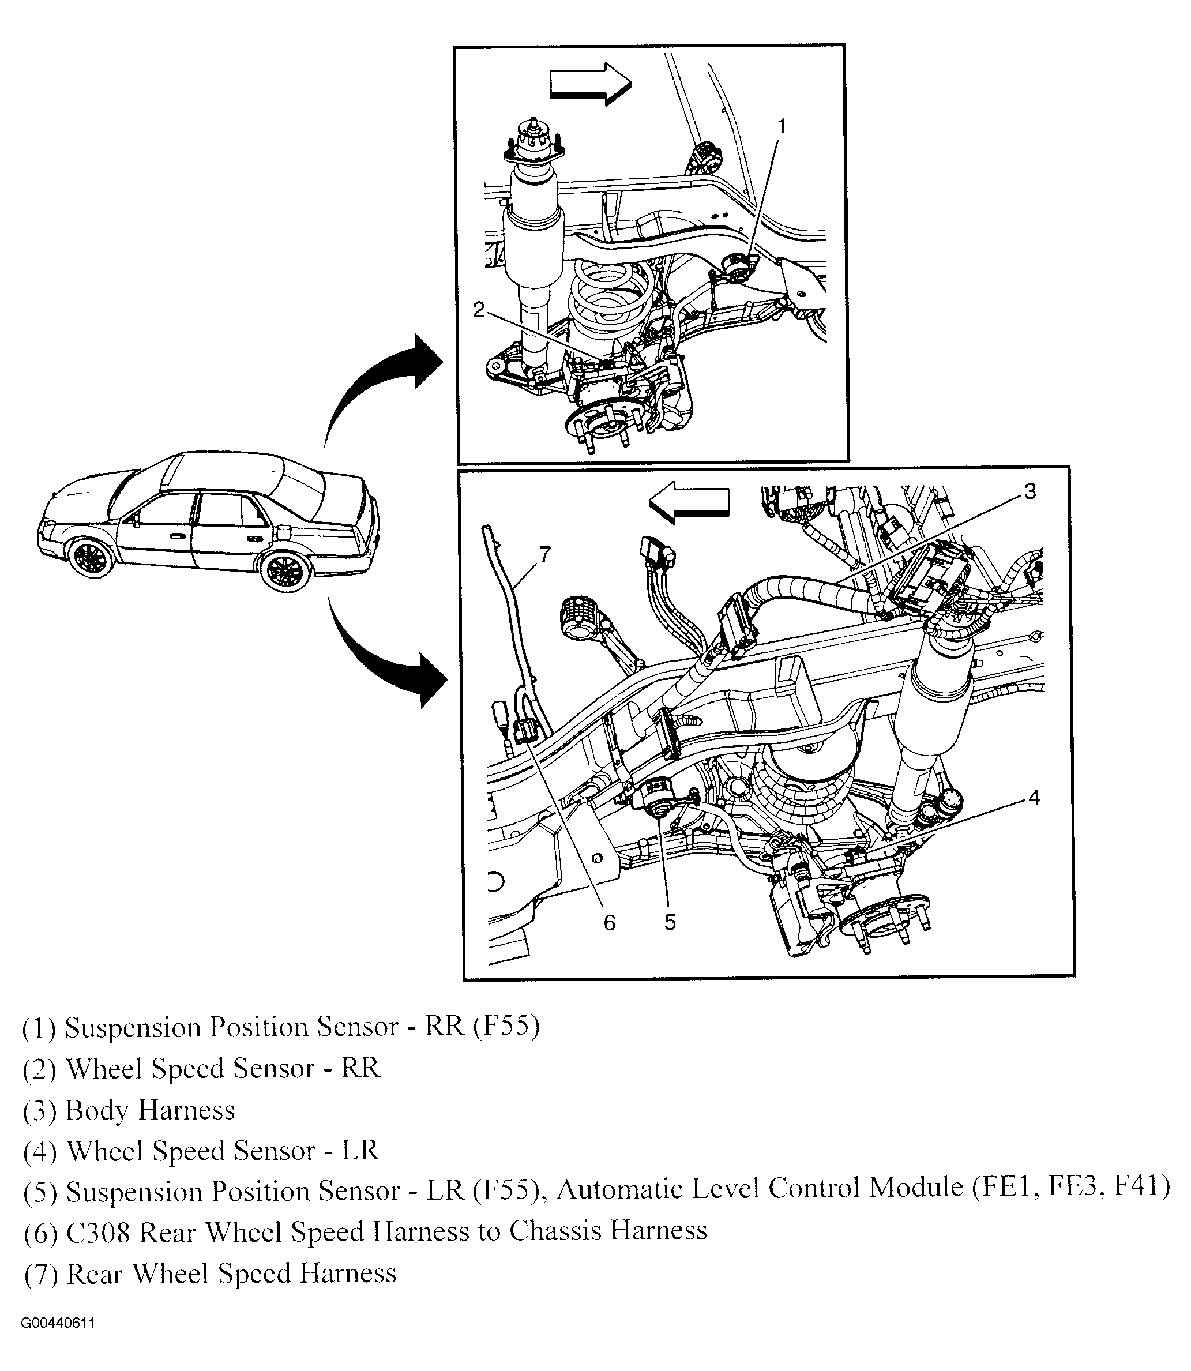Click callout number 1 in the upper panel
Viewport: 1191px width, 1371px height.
pyautogui.click(x=782, y=126)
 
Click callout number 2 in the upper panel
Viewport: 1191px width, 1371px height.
pyautogui.click(x=479, y=310)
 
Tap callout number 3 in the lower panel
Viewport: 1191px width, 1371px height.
pyautogui.click(x=1030, y=492)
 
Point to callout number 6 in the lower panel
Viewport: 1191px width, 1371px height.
pyautogui.click(x=610, y=923)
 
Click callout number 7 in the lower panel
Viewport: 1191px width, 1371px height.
pyautogui.click(x=545, y=554)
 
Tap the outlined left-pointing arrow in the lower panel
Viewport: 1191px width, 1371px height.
pyautogui.click(x=689, y=503)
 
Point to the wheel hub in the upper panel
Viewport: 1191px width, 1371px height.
pyautogui.click(x=601, y=423)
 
